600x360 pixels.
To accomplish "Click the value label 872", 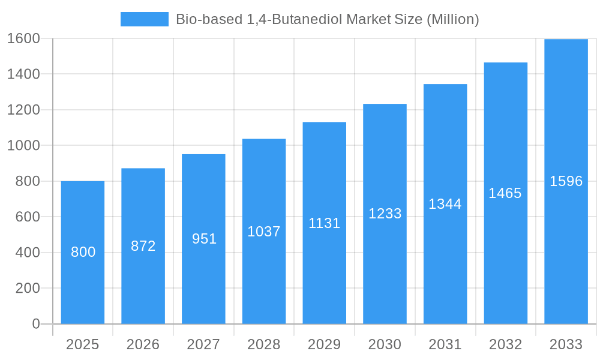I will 143,246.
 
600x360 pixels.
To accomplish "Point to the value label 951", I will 204,239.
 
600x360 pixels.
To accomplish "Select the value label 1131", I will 325,223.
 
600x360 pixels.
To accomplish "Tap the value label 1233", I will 385,214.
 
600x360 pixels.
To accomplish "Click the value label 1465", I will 505,193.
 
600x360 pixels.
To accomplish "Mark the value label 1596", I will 566,181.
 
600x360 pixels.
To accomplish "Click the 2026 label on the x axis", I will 143,344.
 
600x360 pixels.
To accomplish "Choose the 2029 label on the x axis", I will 325,344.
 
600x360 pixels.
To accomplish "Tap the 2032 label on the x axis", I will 505,344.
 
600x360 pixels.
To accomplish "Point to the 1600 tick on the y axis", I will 23,39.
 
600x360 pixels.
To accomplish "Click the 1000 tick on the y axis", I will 23,146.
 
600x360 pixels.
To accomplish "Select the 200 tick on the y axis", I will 27,289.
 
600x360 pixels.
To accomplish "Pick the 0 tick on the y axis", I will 35,324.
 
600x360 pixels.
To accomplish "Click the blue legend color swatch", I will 145,19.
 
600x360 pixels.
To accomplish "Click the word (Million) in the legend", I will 452,19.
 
